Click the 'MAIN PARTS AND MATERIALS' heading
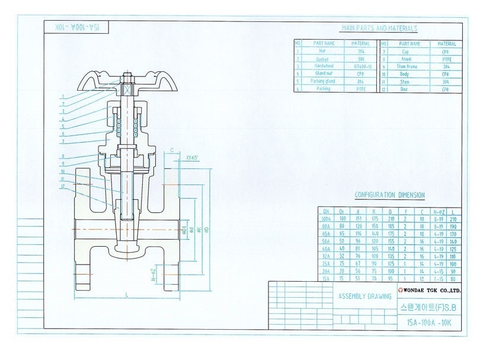[x=379, y=28]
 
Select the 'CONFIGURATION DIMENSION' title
[x=389, y=195]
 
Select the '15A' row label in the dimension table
[x=326, y=278]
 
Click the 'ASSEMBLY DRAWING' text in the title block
[x=364, y=296]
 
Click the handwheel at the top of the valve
[x=126, y=79]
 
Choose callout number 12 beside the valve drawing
[x=62, y=187]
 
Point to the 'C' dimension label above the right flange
[x=171, y=151]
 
